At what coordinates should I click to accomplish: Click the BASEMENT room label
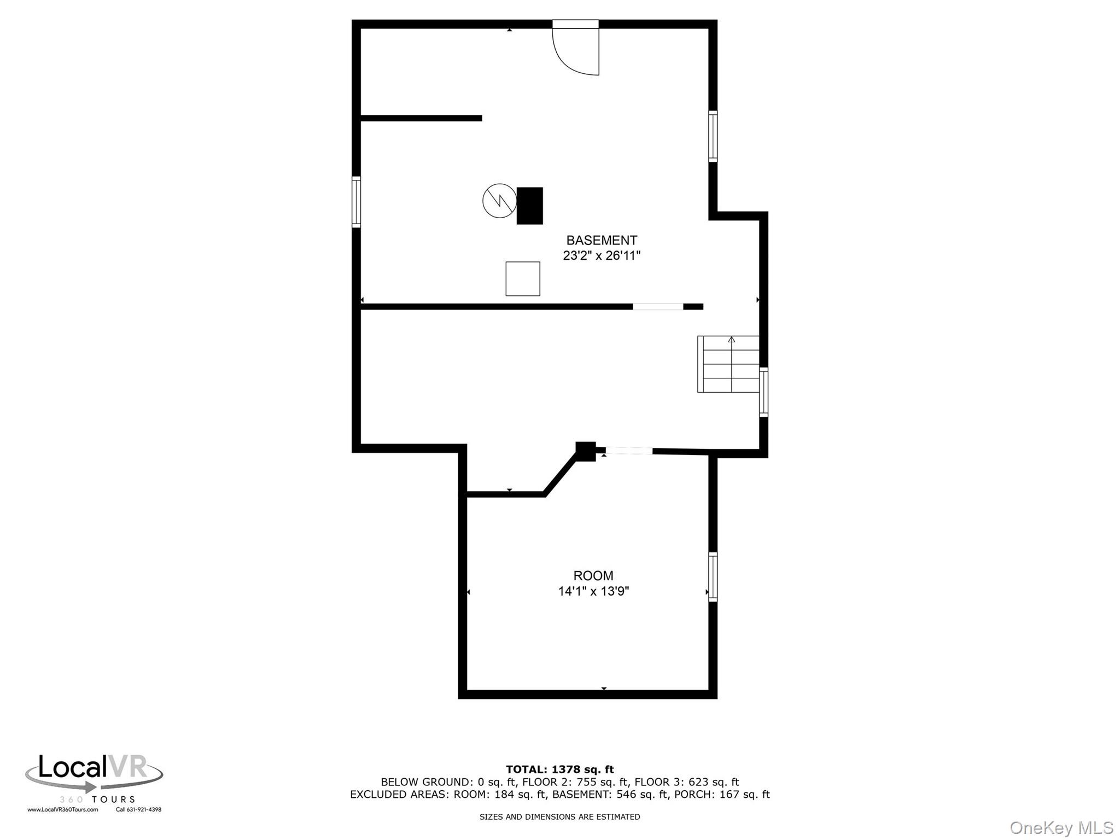point(601,240)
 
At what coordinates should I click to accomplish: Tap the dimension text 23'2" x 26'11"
point(601,255)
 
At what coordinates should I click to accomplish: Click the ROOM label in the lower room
point(593,575)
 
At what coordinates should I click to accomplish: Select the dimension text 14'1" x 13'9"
point(593,591)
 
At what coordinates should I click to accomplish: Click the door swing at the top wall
point(574,49)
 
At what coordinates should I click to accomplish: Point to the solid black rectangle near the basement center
point(529,206)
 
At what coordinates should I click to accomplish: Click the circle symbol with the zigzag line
point(499,201)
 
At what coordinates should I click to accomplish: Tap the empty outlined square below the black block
point(522,279)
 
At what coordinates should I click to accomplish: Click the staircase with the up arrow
point(728,364)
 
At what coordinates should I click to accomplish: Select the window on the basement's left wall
point(356,202)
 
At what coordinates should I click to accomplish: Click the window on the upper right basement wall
point(713,136)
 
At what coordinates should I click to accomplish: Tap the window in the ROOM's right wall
point(713,577)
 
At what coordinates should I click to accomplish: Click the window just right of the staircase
point(763,392)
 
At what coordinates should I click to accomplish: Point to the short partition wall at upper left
point(421,118)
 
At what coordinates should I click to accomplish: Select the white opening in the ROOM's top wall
point(628,451)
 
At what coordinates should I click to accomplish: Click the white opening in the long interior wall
point(658,307)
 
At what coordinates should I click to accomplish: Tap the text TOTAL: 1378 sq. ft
point(559,769)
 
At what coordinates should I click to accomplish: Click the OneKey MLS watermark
point(1061,828)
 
